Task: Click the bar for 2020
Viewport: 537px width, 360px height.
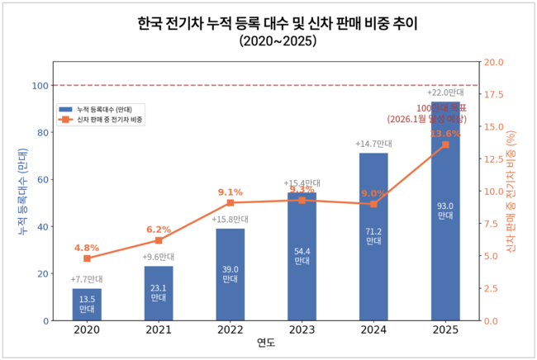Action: click(87, 305)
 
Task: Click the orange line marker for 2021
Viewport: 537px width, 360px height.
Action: click(159, 240)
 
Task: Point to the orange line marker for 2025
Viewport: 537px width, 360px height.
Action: click(445, 144)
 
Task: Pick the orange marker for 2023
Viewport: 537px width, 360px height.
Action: click(302, 200)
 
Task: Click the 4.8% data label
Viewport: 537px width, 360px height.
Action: click(87, 248)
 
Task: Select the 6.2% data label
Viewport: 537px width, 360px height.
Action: click(159, 230)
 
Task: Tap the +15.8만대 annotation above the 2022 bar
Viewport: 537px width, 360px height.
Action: click(230, 220)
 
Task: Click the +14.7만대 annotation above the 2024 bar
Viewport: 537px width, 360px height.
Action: click(373, 144)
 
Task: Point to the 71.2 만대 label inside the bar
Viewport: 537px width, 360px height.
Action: click(373, 237)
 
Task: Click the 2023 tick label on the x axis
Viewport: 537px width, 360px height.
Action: click(302, 331)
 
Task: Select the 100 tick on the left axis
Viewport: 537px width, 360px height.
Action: click(38, 85)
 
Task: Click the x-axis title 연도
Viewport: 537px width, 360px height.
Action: click(266, 343)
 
